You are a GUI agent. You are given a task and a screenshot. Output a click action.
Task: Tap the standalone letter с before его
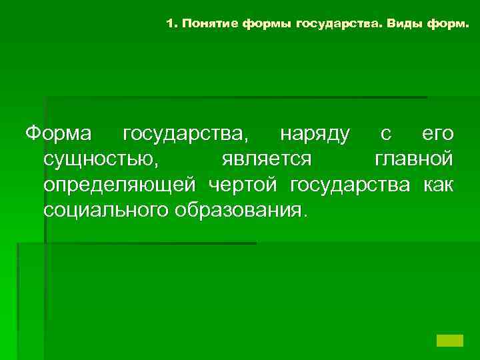(x=385, y=134)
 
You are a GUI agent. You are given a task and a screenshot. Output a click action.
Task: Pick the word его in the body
(x=438, y=134)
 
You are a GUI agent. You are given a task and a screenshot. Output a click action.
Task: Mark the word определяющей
(x=120, y=185)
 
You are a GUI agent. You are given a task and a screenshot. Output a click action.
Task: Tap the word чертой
(x=245, y=185)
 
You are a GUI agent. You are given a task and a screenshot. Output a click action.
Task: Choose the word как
(x=439, y=184)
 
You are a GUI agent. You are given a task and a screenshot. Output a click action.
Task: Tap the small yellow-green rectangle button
(x=449, y=340)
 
